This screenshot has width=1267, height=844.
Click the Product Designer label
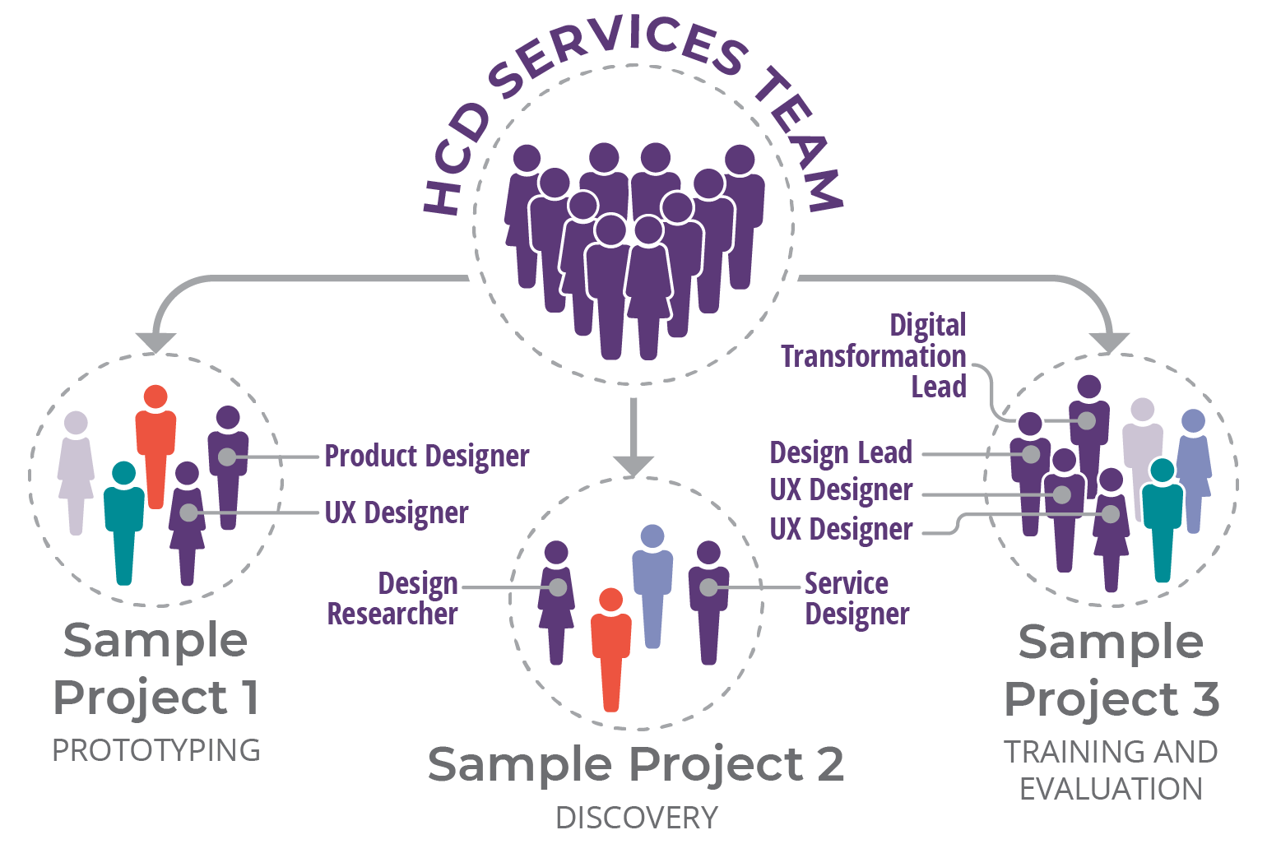click(426, 456)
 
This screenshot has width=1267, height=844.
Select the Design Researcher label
click(393, 599)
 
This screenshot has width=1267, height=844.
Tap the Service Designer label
click(856, 599)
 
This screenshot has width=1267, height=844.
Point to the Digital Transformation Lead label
click(874, 356)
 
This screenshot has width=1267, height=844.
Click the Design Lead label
click(841, 452)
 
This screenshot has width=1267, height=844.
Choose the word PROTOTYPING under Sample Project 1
click(156, 750)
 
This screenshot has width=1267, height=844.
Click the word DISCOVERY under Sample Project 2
click(637, 818)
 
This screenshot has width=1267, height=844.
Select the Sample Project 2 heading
click(635, 764)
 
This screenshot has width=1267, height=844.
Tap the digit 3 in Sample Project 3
click(1205, 699)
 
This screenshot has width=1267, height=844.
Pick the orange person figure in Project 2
click(610, 646)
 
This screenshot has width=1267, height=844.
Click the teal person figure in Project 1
click(123, 518)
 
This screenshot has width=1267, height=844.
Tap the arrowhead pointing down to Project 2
click(633, 466)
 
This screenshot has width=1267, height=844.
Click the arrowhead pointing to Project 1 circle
click(155, 341)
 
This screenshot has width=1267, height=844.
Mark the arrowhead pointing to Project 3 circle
click(1109, 341)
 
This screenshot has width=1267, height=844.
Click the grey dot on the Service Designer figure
click(708, 587)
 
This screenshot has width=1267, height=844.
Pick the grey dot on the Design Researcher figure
click(558, 587)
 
